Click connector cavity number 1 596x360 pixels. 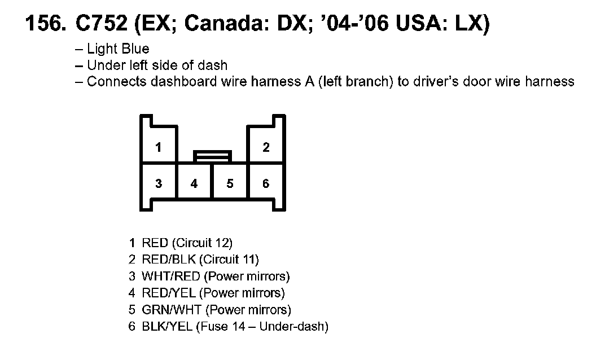click(x=159, y=148)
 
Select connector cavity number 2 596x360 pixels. click(x=266, y=148)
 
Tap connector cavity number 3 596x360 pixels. click(x=159, y=183)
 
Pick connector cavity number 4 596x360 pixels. click(x=194, y=183)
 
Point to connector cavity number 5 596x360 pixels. click(x=230, y=183)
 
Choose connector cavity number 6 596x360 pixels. click(x=266, y=183)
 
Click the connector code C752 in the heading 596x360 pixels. click(x=101, y=24)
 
